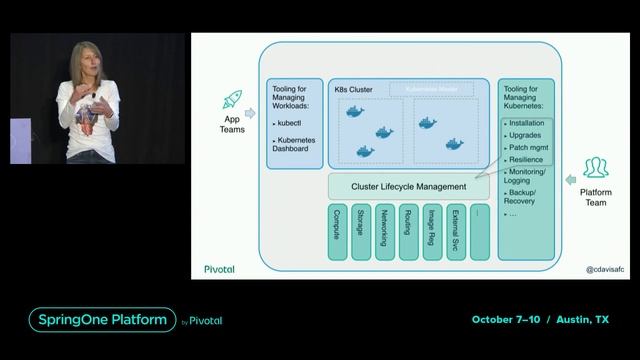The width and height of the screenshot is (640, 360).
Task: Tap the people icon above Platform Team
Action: pos(596,167)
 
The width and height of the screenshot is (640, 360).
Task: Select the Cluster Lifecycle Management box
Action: pos(409,186)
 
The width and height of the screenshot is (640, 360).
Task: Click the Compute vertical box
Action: pos(337,231)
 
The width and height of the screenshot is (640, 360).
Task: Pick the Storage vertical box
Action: pos(361,231)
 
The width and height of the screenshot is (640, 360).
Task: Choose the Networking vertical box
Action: pos(385,231)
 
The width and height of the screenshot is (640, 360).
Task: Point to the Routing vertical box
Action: pos(409,231)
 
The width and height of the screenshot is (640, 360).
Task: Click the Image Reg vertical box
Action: pos(432,231)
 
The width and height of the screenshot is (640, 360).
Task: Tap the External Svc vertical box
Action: pos(456,231)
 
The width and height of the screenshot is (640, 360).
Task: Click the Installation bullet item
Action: pos(526,123)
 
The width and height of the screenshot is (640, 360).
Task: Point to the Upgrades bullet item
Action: pos(525,135)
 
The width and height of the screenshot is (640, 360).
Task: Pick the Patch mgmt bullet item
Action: pos(527,147)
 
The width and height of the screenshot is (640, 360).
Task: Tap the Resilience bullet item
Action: pos(525,160)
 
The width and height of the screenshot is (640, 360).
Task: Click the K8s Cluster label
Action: pos(354,90)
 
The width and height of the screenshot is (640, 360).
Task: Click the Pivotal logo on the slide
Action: pos(219,268)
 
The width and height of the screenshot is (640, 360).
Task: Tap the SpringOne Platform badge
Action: pos(101,320)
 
